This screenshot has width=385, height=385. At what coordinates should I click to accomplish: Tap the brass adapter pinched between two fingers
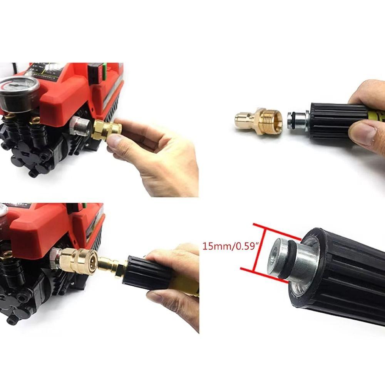click(x=106, y=131)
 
